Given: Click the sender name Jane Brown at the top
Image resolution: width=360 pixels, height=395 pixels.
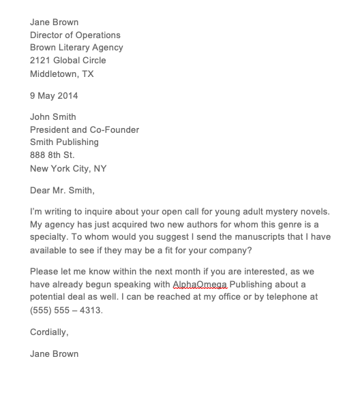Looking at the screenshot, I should pos(54,22).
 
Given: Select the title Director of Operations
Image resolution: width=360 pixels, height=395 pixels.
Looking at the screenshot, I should pos(75,35).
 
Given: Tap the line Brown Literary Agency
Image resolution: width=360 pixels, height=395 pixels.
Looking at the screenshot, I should pos(76,48).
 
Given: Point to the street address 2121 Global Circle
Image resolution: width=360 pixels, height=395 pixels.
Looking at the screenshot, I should pos(67,61).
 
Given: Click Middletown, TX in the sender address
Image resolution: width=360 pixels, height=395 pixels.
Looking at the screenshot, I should pos(62,74).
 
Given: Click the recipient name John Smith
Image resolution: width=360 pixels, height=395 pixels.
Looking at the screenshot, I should pos(53,117).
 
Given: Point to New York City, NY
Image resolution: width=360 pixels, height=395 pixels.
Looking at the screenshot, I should pos(68,169).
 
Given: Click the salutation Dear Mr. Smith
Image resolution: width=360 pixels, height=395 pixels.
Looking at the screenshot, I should pos(62,191).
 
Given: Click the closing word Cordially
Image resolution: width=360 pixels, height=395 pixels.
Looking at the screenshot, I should pos(49,332).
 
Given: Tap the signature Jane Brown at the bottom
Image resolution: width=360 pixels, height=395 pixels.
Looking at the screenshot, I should pos(54,354).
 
